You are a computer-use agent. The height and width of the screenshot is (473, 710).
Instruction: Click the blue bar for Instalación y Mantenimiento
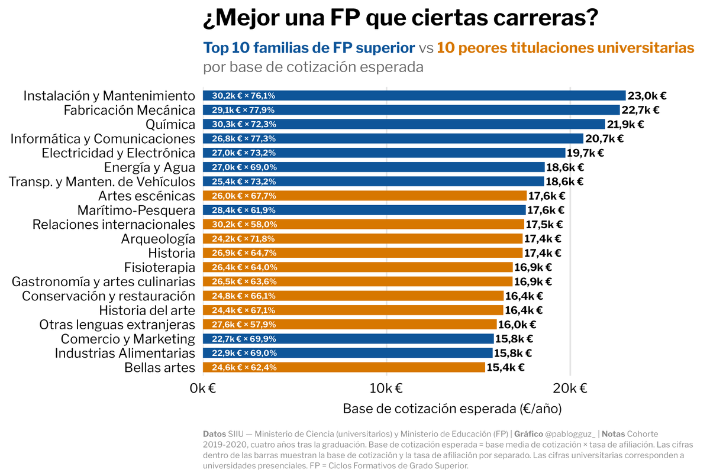click(x=414, y=96)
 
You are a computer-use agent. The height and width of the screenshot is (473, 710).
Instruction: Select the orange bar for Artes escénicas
click(x=364, y=196)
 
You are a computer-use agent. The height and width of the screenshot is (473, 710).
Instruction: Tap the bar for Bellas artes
click(x=344, y=367)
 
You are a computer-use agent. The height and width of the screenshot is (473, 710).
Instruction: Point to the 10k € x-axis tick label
click(x=386, y=388)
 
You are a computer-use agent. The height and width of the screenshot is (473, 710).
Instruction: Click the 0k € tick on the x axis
click(x=203, y=388)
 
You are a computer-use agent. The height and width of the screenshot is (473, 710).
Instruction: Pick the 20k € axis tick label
click(x=570, y=388)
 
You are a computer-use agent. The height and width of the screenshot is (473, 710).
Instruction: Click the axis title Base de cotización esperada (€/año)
click(x=452, y=409)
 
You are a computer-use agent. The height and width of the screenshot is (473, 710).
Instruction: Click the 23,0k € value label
click(x=647, y=96)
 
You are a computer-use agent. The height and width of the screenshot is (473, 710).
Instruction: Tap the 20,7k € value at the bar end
click(x=604, y=139)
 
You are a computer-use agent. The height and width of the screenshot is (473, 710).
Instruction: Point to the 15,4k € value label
click(x=505, y=367)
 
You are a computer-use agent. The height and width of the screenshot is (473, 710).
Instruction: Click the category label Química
click(x=170, y=124)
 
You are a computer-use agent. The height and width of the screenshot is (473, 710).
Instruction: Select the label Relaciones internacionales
click(x=114, y=225)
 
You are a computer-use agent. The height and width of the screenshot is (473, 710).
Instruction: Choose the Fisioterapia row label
click(x=159, y=267)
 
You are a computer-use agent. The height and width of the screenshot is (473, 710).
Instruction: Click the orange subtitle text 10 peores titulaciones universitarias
click(x=565, y=48)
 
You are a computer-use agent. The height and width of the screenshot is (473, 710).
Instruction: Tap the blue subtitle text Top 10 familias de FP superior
click(x=309, y=48)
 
